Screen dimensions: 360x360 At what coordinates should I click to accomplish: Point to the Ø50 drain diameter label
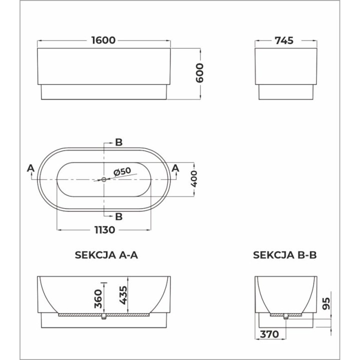coord(122,171)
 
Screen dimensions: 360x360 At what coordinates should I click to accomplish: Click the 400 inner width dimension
coord(195,178)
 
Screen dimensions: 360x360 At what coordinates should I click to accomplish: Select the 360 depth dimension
coord(99,298)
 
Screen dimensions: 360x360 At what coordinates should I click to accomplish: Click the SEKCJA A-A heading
coord(106,255)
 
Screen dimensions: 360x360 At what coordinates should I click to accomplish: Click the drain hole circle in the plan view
coord(104,179)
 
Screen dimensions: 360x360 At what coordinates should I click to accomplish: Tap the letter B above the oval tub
coord(118,142)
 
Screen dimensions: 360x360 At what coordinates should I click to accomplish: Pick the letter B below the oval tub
coord(118,216)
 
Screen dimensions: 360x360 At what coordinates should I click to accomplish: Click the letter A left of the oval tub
coord(31,168)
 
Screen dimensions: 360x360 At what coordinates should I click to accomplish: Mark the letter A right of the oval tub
coord(175,168)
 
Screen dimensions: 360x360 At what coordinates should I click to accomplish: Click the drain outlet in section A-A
coord(104,317)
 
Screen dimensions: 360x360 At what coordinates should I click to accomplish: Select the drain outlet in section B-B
coord(285,316)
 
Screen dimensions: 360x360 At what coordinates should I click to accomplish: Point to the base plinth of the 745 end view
coord(285,93)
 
